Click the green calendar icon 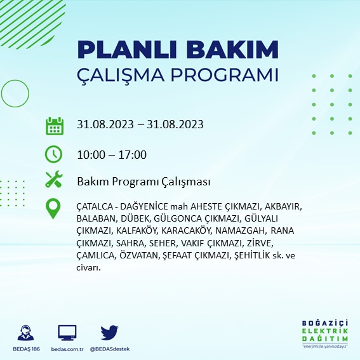point(55,126)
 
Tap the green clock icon point(53,154)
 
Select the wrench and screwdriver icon point(54,179)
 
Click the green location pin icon point(53,208)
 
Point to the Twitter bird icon point(109,333)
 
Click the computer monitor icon point(67,333)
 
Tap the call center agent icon point(25,333)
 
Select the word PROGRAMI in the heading point(225,75)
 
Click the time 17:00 point(133,154)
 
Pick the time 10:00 point(91,154)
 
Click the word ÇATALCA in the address point(94,206)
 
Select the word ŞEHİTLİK point(251,255)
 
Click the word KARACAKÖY point(186,230)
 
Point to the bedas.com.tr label point(67,349)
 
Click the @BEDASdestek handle point(110,349)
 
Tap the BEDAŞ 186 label point(26,349)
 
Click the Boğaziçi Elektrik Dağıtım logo point(325,334)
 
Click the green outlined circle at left point(2,93)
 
